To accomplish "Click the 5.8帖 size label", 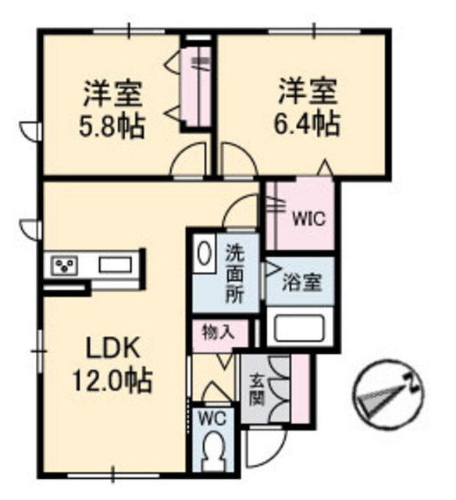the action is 112,127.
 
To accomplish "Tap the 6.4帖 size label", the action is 307,123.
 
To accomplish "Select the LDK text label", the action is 114,348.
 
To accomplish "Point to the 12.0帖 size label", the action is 112,380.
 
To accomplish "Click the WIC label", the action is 309,219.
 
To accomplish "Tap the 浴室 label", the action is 301,282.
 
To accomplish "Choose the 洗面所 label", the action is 235,273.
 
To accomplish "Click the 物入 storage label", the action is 219,333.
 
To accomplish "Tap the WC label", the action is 212,419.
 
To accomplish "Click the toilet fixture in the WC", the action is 212,453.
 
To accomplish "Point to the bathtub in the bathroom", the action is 298,327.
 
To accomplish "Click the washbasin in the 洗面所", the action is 204,253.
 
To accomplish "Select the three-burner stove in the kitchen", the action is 66,266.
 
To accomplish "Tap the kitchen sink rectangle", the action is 116,265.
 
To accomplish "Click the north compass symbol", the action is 387,395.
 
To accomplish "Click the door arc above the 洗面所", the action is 240,210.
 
